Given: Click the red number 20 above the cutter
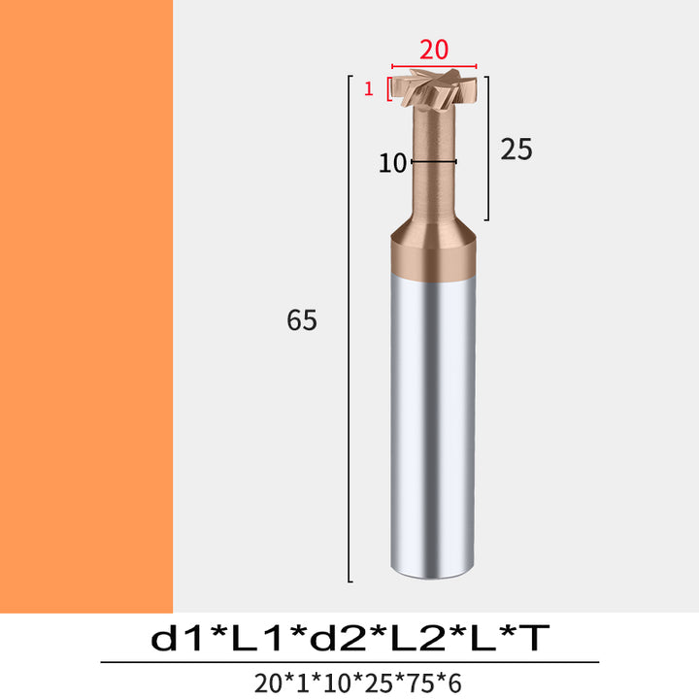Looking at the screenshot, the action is click(x=434, y=50).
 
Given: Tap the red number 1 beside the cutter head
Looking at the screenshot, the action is click(x=368, y=88).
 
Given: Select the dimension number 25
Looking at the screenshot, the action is click(x=516, y=149).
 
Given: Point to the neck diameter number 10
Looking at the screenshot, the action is click(x=392, y=163).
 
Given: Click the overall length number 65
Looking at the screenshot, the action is click(x=302, y=320).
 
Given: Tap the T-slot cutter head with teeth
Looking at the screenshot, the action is click(x=434, y=87).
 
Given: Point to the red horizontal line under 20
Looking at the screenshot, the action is click(x=434, y=66).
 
